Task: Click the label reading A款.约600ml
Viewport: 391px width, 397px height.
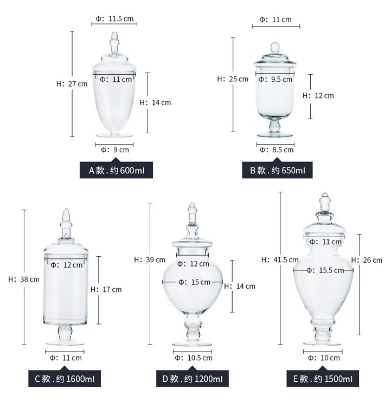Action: (116, 170)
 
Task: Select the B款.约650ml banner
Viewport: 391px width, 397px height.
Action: (277, 170)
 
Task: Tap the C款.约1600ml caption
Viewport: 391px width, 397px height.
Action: (65, 379)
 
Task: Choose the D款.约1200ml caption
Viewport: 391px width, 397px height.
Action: (192, 379)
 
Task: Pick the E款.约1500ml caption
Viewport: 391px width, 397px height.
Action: (323, 379)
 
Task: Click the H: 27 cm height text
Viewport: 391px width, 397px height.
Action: (72, 84)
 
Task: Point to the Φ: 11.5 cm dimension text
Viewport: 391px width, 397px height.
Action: (114, 18)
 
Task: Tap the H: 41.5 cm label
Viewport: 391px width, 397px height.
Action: (280, 259)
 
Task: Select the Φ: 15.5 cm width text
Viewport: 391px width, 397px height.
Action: (325, 270)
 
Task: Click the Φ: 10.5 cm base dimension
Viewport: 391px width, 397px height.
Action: (194, 358)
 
